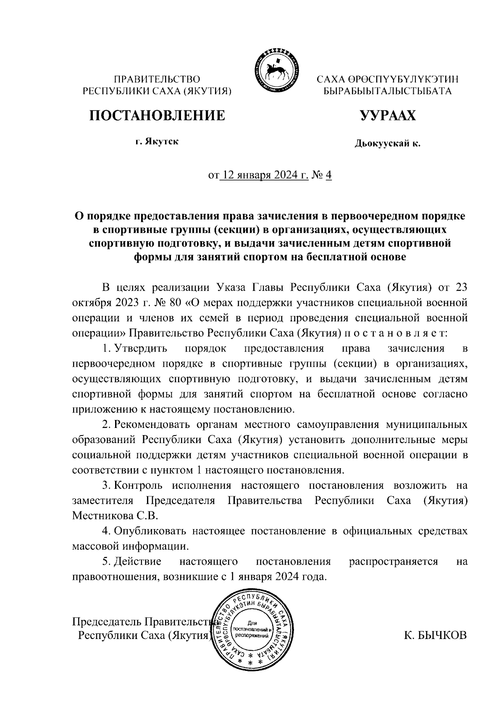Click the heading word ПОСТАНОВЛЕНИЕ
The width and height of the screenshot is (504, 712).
click(x=156, y=115)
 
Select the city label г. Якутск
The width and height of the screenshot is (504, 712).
click(x=156, y=141)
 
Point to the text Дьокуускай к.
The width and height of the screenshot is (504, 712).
click(x=387, y=144)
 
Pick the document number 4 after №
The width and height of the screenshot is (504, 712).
click(x=328, y=175)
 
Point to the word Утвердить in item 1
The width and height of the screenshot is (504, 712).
click(x=141, y=348)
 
